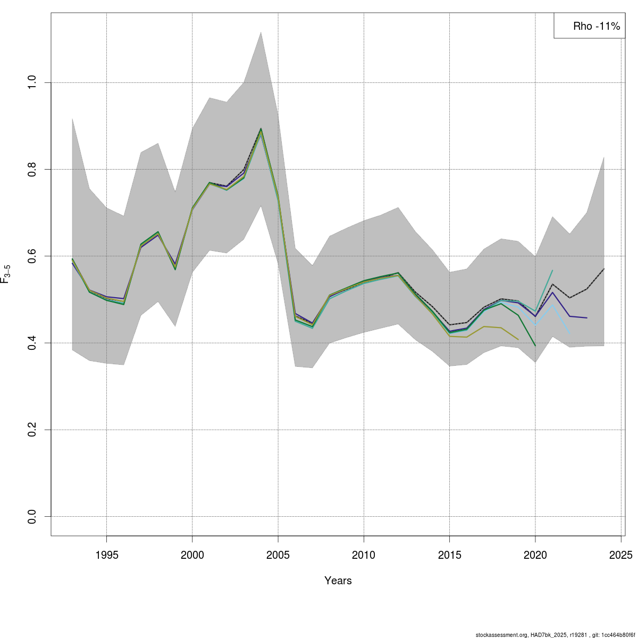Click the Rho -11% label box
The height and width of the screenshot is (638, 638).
[589, 26]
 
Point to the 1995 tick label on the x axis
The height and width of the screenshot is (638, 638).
[106, 555]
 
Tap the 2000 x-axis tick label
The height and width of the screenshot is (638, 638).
[192, 555]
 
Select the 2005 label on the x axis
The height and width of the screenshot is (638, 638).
[278, 555]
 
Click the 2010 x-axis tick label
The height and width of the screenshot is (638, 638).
[364, 555]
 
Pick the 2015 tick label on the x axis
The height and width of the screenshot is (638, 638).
[449, 555]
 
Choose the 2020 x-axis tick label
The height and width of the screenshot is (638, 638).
[535, 555]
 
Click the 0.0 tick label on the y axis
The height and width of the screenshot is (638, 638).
[32, 516]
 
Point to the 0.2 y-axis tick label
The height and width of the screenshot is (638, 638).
[32, 430]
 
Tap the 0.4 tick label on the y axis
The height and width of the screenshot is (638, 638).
[32, 343]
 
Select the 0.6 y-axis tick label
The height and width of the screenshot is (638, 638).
[32, 256]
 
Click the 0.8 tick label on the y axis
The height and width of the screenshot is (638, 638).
[32, 169]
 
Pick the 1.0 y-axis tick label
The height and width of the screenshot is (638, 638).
[32, 82]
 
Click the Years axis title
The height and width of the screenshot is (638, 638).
[338, 581]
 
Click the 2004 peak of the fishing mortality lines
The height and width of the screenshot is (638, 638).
[261, 129]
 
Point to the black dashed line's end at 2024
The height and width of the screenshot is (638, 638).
[604, 269]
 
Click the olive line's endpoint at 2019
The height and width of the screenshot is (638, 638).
[518, 339]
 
